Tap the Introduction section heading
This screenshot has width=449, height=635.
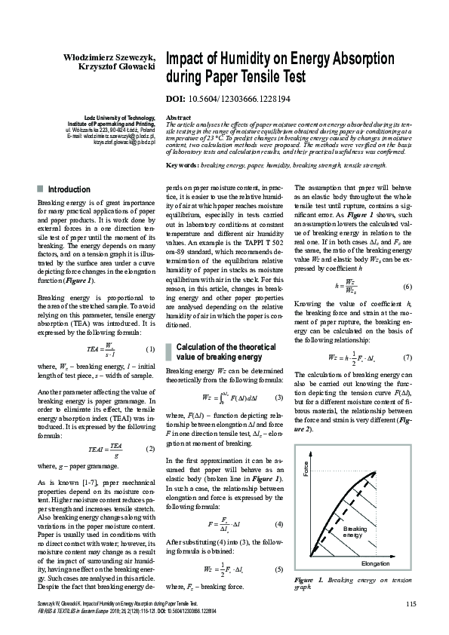tap(69, 189)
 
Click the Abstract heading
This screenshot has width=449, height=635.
tap(177, 118)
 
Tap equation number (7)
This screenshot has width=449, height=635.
tap(407, 357)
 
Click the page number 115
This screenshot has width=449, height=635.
tap(411, 602)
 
